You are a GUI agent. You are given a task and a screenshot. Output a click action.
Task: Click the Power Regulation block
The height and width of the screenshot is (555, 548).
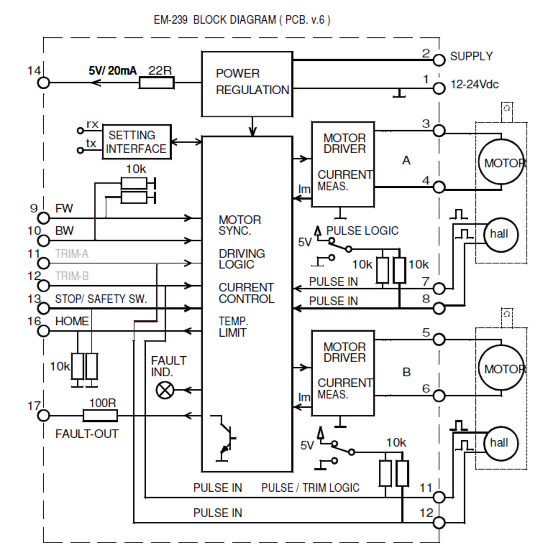[x=247, y=84]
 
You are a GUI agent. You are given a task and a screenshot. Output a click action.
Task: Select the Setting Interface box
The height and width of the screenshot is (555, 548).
[x=136, y=142]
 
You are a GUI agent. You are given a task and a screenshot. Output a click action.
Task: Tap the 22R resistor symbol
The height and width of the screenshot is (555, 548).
[x=156, y=83]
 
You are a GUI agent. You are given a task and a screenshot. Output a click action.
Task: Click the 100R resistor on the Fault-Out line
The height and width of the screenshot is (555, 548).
[x=100, y=416]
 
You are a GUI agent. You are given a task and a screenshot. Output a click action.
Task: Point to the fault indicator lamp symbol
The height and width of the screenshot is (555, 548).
[x=165, y=390]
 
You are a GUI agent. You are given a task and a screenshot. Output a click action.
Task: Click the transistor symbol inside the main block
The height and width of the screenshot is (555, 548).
[x=225, y=438]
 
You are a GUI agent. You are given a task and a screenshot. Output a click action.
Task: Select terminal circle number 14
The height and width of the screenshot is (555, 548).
[x=43, y=83]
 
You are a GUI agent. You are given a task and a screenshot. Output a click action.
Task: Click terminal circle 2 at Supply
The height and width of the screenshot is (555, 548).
[x=439, y=60]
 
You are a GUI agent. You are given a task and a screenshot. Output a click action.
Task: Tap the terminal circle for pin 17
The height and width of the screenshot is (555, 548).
[x=43, y=416]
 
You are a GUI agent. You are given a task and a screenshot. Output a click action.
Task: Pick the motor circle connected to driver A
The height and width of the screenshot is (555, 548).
[x=501, y=162]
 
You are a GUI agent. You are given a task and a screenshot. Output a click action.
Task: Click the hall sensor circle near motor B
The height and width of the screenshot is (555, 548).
[x=501, y=443]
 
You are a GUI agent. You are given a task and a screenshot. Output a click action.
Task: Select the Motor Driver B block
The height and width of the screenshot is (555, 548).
[x=343, y=373]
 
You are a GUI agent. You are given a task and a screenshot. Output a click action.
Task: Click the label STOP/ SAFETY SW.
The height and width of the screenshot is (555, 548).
[x=101, y=299]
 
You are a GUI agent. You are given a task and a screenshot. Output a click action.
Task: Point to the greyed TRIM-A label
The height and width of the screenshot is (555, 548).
[x=72, y=254]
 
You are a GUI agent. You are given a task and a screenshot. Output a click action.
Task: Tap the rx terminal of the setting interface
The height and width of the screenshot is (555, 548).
[x=80, y=131]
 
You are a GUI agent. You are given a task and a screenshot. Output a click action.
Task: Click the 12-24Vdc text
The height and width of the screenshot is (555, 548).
[x=474, y=84]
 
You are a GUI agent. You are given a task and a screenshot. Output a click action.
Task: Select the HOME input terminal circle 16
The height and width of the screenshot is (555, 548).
[x=43, y=331]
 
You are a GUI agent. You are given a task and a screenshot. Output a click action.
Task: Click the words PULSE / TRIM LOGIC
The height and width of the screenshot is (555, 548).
[x=310, y=488]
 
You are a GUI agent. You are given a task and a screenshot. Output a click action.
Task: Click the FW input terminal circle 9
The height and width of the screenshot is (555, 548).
[x=43, y=218]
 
